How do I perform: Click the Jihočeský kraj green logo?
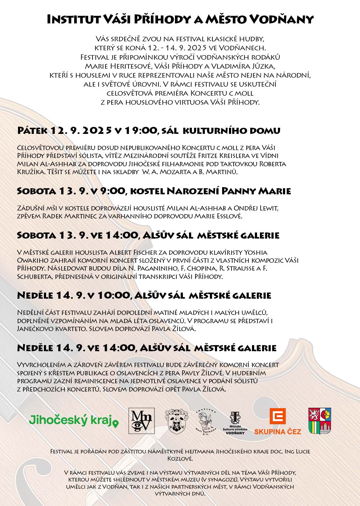[x=73, y=420]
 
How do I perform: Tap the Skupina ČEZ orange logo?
[x=278, y=421]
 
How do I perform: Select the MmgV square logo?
[x=141, y=421]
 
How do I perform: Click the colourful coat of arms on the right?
[x=320, y=421]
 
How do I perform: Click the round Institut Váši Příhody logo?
[x=206, y=421]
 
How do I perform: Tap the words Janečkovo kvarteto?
[x=52, y=329]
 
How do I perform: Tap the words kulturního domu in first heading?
[x=231, y=130]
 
